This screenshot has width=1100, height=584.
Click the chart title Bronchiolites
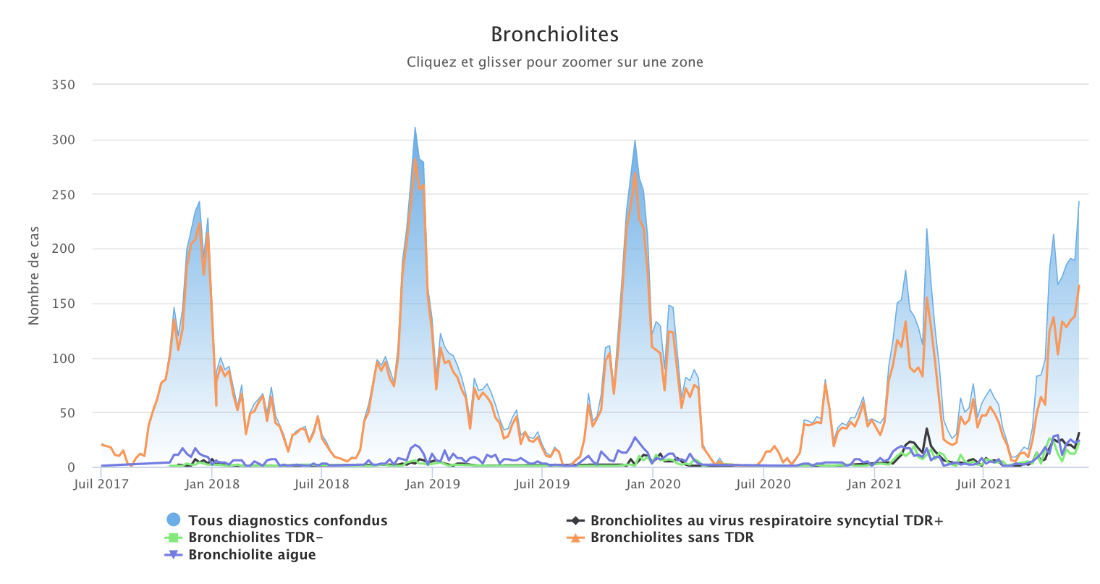pyautogui.click(x=554, y=34)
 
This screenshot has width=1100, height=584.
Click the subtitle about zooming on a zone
pyautogui.click(x=554, y=62)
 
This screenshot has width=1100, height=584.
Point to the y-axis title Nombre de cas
pyautogui.click(x=34, y=275)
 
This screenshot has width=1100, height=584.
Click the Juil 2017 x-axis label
pyautogui.click(x=101, y=484)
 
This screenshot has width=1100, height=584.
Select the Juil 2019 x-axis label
pyautogui.click(x=542, y=484)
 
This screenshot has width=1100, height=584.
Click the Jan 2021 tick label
pyautogui.click(x=874, y=484)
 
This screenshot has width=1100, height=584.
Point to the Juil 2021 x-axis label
pyautogui.click(x=983, y=484)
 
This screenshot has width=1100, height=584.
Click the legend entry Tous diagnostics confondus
pyautogui.click(x=287, y=520)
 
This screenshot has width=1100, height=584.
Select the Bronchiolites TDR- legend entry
pyautogui.click(x=255, y=538)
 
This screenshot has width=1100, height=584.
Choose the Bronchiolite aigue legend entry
pyautogui.click(x=252, y=555)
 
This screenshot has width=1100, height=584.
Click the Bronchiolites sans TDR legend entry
pyautogui.click(x=672, y=538)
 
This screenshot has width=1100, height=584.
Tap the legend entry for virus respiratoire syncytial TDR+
pyautogui.click(x=766, y=520)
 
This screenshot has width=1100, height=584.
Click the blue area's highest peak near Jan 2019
pyautogui.click(x=415, y=128)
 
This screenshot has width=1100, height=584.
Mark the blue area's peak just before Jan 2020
pyautogui.click(x=635, y=141)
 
